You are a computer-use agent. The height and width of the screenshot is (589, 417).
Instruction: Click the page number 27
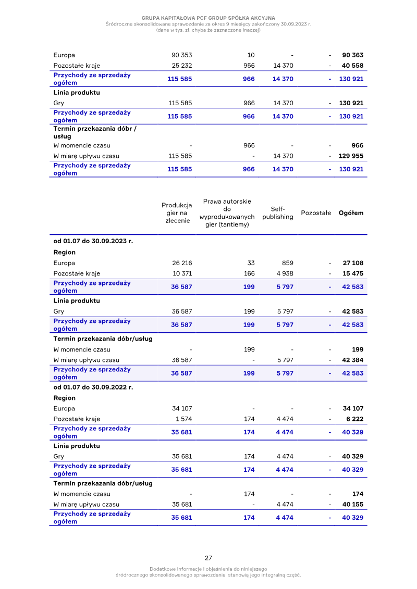coord(208,558)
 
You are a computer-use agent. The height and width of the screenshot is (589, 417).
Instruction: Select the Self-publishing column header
coord(278,213)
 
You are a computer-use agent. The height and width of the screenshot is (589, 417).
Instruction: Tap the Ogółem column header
coord(351,213)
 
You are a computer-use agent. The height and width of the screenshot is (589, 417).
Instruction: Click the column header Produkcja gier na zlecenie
coord(177,213)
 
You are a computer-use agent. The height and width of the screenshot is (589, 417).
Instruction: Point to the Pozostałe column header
coord(316,213)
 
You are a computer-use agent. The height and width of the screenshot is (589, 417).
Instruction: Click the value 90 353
coord(181,55)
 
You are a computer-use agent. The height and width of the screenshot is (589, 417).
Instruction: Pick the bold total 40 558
coord(352,66)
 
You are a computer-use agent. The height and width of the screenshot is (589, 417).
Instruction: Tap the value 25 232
coord(181,66)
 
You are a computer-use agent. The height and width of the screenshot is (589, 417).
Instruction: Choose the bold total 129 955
coord(351,156)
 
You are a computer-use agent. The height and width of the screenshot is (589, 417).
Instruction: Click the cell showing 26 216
coord(182,263)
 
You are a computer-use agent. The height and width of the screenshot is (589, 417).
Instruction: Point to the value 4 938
coord(285,273)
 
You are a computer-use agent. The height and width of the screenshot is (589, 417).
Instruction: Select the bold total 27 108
coord(353,263)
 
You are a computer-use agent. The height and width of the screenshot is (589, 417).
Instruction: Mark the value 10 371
coord(182,273)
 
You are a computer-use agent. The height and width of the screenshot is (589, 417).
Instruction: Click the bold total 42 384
coord(353,360)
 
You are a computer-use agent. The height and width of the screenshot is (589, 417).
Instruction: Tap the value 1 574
coord(183,419)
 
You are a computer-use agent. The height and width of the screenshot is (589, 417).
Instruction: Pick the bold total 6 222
coord(354,419)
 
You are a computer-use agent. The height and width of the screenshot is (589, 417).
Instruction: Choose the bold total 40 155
coord(353,504)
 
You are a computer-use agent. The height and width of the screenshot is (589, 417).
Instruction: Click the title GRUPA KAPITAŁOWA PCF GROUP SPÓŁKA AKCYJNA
coord(208,18)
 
